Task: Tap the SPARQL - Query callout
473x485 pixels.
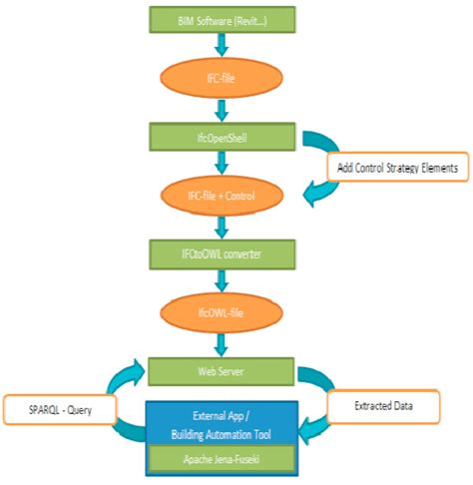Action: (x=58, y=409)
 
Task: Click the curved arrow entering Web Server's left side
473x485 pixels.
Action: (x=128, y=377)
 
